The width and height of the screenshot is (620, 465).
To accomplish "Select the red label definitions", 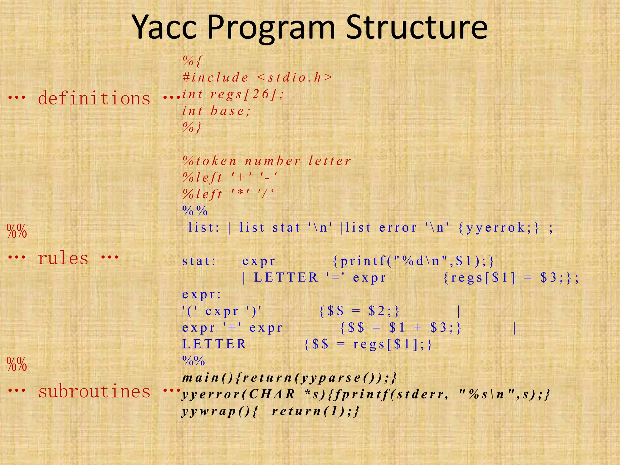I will (94, 98).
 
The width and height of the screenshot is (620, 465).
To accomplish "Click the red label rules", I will (63, 258).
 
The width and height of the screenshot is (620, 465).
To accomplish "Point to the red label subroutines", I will (94, 391).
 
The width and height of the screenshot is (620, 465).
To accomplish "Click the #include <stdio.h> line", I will (257, 77).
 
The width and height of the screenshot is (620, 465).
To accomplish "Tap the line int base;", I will (216, 111).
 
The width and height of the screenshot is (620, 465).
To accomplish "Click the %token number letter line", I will (267, 161).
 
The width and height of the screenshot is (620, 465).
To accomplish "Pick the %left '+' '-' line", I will (230, 177).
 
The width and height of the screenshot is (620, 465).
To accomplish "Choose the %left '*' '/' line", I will (228, 194).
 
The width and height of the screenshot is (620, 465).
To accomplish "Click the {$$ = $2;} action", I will (360, 311).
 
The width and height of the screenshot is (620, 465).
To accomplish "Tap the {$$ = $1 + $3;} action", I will (401, 328).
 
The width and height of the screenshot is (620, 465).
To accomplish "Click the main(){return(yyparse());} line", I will (289, 378).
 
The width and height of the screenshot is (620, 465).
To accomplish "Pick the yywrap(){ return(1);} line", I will (270, 411).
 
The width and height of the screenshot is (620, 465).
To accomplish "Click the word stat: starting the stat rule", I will (199, 261).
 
